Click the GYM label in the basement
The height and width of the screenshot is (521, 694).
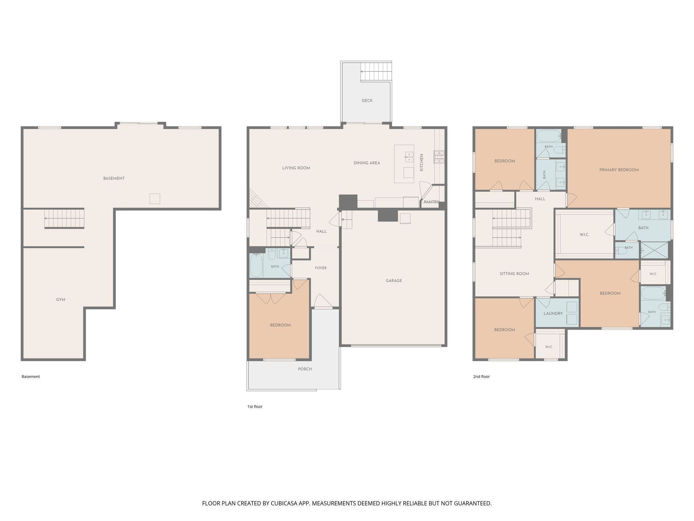61,300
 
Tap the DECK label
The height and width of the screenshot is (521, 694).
367,100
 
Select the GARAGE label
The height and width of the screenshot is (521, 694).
394,281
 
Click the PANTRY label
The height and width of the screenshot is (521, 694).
431,202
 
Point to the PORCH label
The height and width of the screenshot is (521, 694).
305,369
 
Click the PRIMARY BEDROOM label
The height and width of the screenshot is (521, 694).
619,170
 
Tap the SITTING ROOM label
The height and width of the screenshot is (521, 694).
514,274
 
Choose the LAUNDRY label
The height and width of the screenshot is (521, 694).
553,313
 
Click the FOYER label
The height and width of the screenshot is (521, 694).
321,268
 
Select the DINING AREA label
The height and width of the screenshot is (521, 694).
367,163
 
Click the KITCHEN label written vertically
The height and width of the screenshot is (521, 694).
422,162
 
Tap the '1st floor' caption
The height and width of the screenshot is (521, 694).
255,406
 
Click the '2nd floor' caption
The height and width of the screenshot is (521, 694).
481,377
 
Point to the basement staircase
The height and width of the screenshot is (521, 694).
64,219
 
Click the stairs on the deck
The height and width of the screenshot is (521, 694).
376,72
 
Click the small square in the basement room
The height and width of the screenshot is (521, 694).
155,199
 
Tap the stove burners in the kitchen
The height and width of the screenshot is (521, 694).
439,157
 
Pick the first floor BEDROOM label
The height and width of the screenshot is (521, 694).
280,325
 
